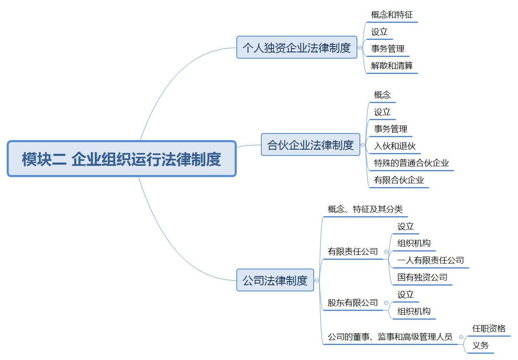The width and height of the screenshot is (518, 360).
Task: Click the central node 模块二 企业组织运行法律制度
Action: [121, 159]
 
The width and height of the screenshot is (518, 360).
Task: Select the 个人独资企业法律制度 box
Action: [297, 47]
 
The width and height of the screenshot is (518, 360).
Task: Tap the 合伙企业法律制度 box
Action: [310, 145]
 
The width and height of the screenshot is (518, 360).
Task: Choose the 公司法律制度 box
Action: [275, 280]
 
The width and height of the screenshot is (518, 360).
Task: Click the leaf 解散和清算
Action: [392, 66]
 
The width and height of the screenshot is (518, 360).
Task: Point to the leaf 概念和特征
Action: [392, 15]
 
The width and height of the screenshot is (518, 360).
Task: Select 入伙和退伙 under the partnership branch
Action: [395, 146]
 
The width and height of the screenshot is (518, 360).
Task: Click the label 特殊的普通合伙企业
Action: [411, 163]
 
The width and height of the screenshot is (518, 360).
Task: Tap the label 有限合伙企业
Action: [399, 180]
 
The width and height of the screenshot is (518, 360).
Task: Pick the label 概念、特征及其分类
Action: [365, 209]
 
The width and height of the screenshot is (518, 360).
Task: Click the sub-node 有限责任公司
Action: [353, 252]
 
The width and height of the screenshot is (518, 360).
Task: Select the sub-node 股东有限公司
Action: [353, 303]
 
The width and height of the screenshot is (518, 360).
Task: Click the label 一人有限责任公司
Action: [431, 261]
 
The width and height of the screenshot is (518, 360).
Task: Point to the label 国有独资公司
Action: [422, 277]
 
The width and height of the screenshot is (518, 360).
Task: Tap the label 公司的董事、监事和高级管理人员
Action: [390, 337]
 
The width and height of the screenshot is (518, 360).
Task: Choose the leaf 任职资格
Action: [489, 329]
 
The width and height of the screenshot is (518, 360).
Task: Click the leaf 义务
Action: [481, 346]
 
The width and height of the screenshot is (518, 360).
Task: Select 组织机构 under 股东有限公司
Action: [414, 311]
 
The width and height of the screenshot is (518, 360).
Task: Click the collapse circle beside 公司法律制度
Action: [317, 281]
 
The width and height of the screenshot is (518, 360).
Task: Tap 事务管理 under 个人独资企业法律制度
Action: [388, 49]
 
